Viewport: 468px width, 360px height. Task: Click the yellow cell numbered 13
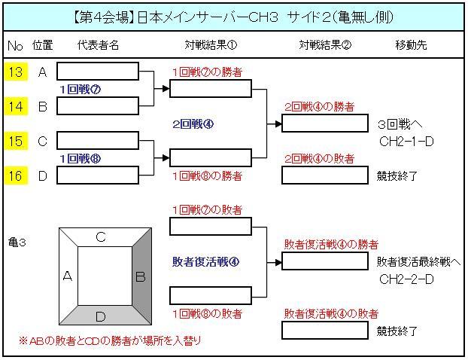(15, 72)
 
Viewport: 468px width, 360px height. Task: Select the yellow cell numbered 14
(15, 106)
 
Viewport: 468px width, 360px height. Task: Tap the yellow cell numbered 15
(15, 141)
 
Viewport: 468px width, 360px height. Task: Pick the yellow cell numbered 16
(15, 175)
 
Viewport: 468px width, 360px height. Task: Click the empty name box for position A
(98, 72)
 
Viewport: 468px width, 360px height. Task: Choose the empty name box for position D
(98, 175)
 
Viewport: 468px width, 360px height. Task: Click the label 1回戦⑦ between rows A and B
(81, 89)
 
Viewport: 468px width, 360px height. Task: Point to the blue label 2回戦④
(193, 124)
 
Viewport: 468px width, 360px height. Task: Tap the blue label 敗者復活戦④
(205, 261)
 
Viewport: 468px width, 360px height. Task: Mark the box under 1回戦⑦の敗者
(211, 227)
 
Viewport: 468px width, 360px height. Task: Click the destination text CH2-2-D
(406, 279)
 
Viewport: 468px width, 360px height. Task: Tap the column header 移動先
(411, 45)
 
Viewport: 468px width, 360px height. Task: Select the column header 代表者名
(98, 45)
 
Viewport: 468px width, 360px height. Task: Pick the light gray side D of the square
(102, 315)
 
